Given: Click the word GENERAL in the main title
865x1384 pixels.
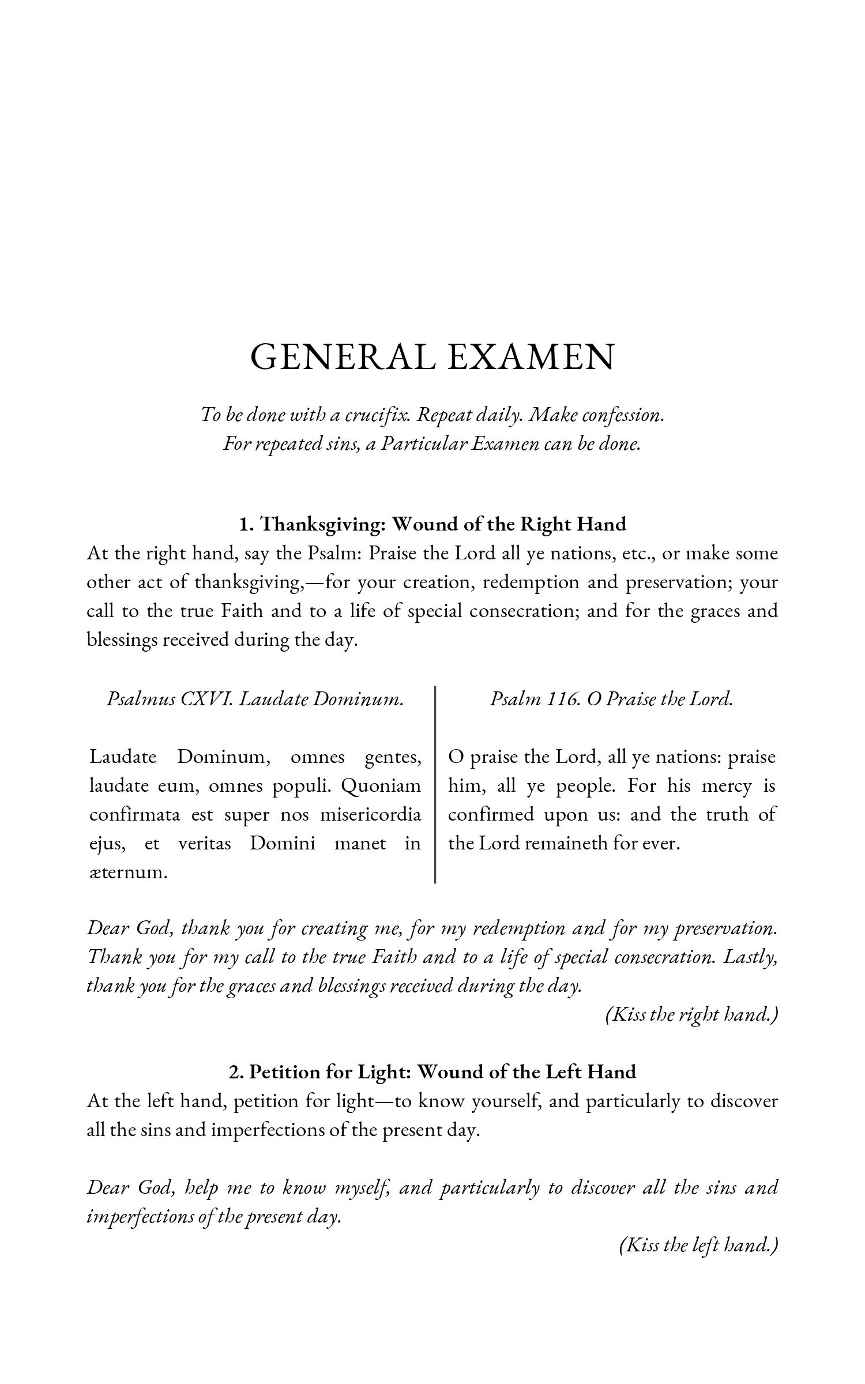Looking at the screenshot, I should (x=343, y=357).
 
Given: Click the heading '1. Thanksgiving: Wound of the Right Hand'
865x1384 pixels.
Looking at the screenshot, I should (x=432, y=524).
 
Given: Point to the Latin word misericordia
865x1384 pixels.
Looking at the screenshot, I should (x=370, y=815).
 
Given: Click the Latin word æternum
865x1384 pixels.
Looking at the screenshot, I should (x=128, y=872).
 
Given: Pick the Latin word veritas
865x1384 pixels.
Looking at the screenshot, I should (x=204, y=844).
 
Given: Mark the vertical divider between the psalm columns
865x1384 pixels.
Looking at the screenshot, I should (x=435, y=784).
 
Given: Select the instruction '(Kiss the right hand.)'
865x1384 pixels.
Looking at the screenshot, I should (x=691, y=1014).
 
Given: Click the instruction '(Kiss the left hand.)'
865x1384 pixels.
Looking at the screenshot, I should (x=698, y=1245).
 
